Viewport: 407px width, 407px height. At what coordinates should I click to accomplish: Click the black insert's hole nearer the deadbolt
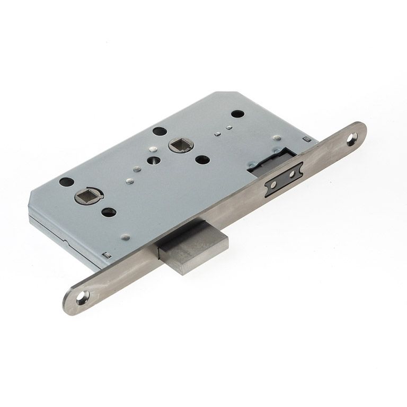pos(275,186)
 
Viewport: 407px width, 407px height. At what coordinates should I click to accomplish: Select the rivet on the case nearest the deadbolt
pos(125,237)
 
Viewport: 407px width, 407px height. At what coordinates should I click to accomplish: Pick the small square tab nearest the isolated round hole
pos(228,127)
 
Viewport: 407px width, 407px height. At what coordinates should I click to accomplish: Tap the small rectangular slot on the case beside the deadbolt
pos(107,255)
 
